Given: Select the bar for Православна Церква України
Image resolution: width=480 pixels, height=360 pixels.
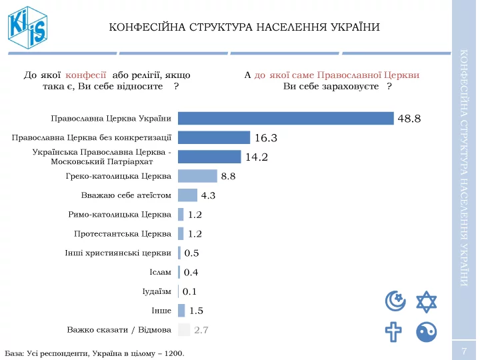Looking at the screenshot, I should tap(286, 118).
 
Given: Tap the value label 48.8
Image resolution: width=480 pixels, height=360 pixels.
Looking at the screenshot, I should tap(409, 119).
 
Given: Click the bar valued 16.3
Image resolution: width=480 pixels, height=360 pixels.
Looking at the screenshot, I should tap(214, 137).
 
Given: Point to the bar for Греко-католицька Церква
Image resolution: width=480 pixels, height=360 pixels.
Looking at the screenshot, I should tap(197, 176).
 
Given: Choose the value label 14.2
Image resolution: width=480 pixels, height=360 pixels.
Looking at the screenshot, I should tap(257, 157).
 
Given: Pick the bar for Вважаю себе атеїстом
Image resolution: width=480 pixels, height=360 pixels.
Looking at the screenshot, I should tap(187, 195).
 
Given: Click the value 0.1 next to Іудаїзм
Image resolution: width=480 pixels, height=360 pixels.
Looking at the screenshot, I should tap(189, 291).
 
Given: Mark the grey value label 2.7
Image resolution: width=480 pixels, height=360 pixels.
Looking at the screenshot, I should tap(201, 330).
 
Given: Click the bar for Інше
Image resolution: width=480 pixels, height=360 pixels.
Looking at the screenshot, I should tap(181, 310).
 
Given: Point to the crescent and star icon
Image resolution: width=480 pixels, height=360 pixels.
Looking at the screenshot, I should tap(395, 301).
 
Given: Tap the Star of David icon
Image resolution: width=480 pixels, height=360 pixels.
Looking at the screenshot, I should tap(426, 301).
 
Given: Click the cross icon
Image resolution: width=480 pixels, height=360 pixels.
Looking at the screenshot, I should tap(395, 332).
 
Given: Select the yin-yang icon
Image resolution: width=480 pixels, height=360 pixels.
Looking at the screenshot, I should tap(426, 332).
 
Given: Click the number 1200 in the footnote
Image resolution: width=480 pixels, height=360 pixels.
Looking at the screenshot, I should tap(172, 352).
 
